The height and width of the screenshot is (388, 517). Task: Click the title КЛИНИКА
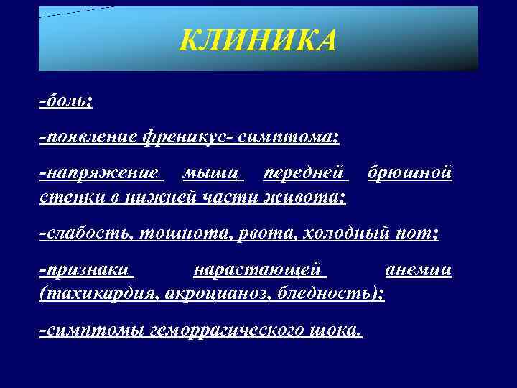[257, 42]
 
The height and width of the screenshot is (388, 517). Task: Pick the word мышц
[213, 174]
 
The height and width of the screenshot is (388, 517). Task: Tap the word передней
[304, 174]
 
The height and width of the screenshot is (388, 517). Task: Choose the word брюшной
[409, 174]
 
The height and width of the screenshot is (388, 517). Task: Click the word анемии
[418, 271]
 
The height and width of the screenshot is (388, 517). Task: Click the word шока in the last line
[335, 331]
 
